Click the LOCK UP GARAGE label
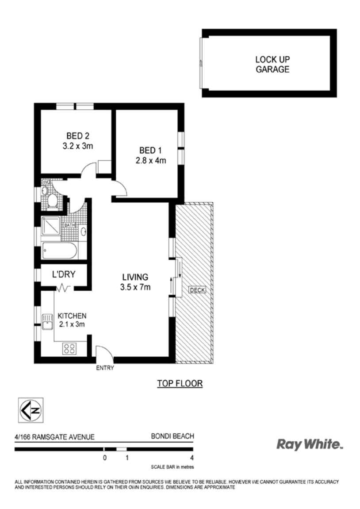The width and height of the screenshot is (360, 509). click(x=272, y=64)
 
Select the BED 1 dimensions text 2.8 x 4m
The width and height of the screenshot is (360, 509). click(x=150, y=161)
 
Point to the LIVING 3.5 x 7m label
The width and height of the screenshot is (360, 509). click(x=135, y=282)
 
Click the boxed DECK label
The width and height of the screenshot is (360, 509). click(x=197, y=290)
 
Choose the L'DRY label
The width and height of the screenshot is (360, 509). click(x=63, y=274)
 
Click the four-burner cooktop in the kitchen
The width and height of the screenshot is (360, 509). click(x=69, y=348)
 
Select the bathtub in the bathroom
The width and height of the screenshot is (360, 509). click(x=59, y=251)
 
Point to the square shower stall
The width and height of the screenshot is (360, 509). click(x=52, y=226)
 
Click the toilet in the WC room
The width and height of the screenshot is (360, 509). click(x=52, y=201)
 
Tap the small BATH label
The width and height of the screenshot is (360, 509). click(x=70, y=225)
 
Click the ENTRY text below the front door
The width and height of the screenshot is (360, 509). click(x=105, y=368)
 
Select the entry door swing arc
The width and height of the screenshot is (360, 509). click(x=105, y=352)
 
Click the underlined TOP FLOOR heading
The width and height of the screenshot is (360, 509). click(x=180, y=383)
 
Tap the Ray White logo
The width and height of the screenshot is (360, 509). click(x=310, y=444)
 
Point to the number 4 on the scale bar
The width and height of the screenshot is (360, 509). click(x=191, y=458)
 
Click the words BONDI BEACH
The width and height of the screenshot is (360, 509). click(x=172, y=436)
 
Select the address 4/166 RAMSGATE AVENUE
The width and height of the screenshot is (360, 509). click(x=55, y=437)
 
